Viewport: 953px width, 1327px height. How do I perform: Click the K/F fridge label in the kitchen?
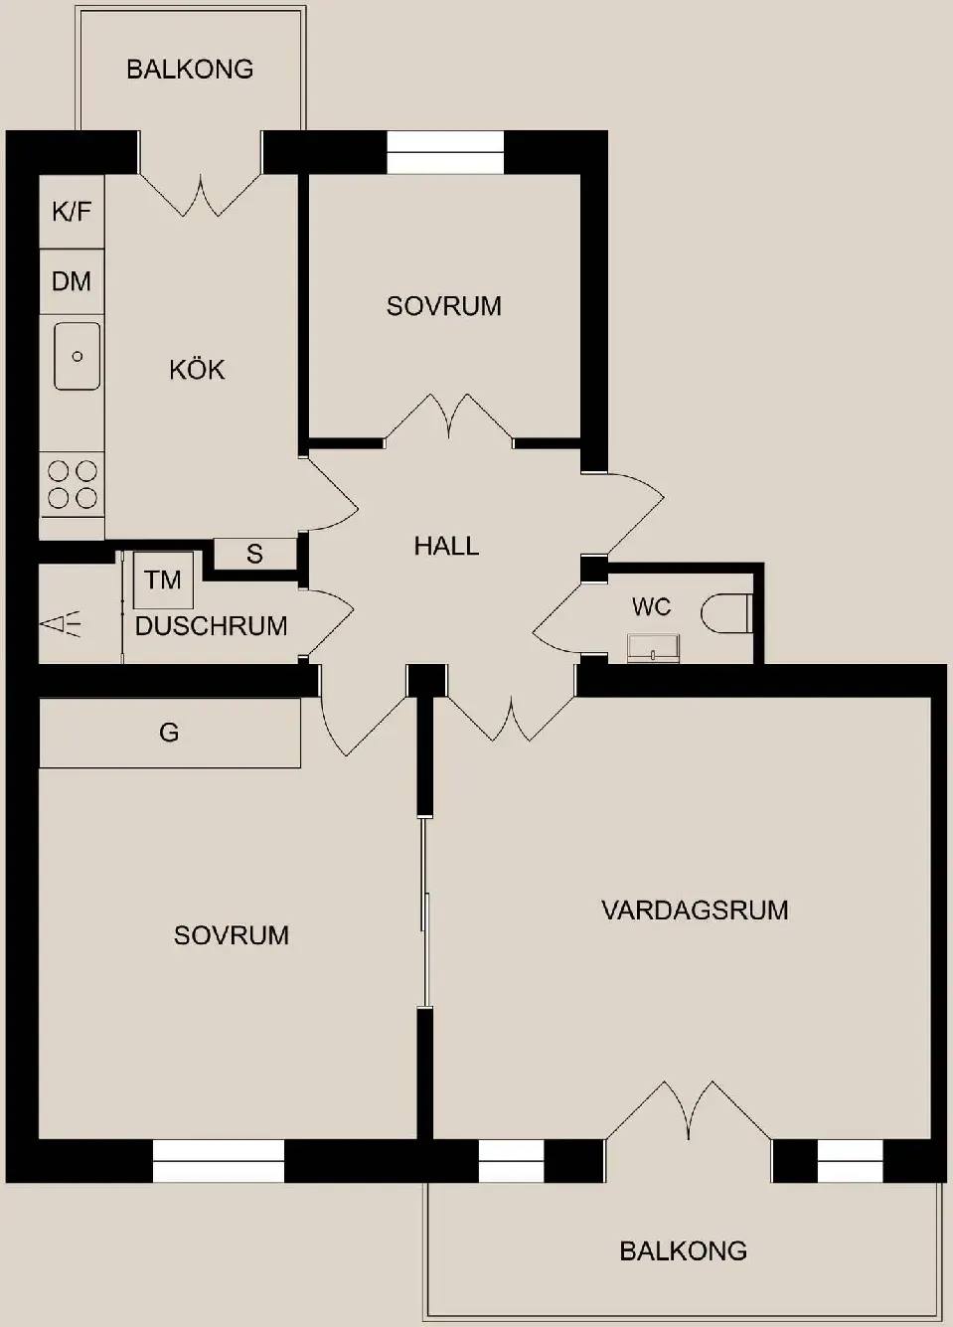pos(72,211)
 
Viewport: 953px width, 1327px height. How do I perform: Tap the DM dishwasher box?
pos(72,281)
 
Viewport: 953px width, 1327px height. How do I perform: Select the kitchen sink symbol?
pos(77,356)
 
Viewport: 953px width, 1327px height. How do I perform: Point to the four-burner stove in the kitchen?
pos(72,485)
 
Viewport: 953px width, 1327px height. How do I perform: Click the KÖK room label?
pos(197,370)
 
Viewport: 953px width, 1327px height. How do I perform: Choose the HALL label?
pos(446,546)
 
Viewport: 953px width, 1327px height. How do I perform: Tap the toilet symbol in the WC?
pos(726,613)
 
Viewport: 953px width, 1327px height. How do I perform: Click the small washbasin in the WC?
pos(653,648)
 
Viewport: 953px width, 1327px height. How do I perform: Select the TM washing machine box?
pos(163,580)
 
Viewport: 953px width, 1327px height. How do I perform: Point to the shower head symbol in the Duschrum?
pos(60,624)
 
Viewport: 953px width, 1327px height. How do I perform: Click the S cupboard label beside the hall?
pos(254,554)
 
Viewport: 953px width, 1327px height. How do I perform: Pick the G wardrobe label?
pos(169,733)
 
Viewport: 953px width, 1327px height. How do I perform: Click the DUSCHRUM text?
pos(211,626)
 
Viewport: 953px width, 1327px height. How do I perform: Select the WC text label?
pos(651,606)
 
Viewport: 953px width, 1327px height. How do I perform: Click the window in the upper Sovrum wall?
pos(445,152)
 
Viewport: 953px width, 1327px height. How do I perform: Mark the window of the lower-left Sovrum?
pos(218,1161)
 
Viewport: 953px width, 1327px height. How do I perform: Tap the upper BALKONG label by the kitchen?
pos(190,70)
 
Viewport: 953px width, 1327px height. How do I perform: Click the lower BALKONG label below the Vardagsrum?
pos(683,1251)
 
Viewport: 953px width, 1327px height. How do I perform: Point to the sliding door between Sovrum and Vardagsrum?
pos(424,912)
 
